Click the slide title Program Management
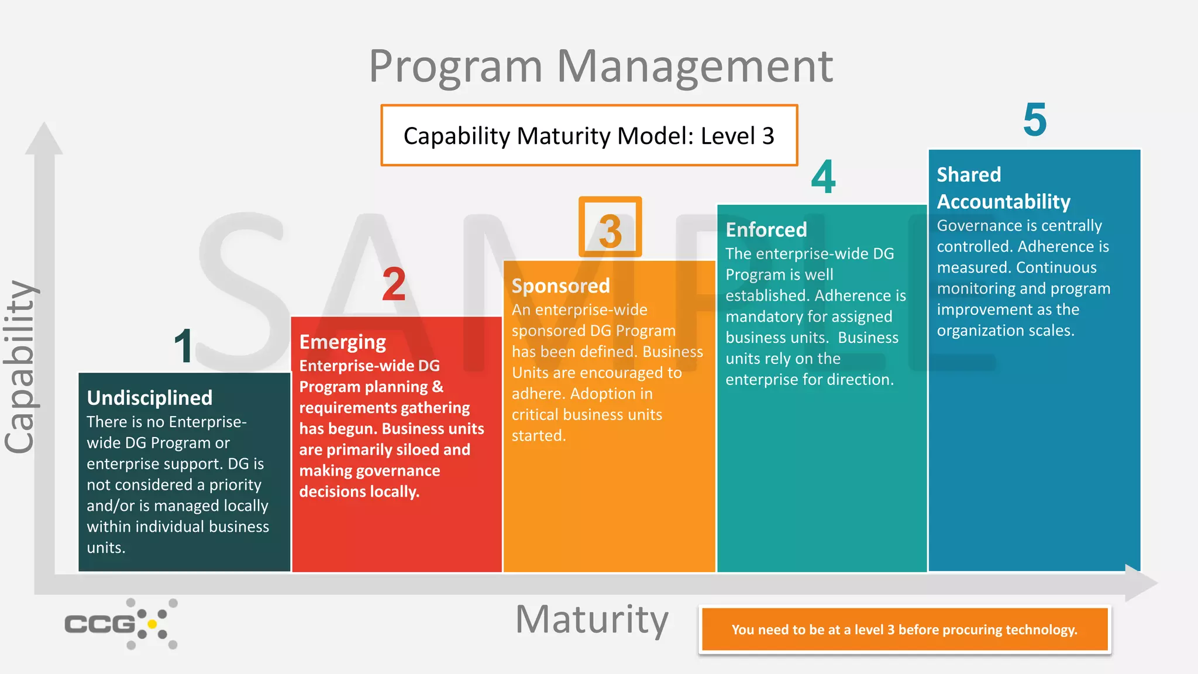pos(601,66)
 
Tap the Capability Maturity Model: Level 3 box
pos(589,136)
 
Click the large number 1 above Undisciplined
pos(184,346)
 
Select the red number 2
pos(394,285)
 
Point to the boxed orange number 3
pos(610,228)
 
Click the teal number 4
pos(823,177)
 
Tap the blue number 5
pos(1034,120)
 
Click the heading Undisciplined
pos(150,398)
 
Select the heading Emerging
pos(343,342)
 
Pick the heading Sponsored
pos(560,286)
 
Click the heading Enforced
pos(766,230)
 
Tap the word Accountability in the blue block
pos(1003,202)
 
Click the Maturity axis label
pos(591,620)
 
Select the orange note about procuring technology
pos(904,630)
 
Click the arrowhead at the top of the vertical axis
pos(44,139)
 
